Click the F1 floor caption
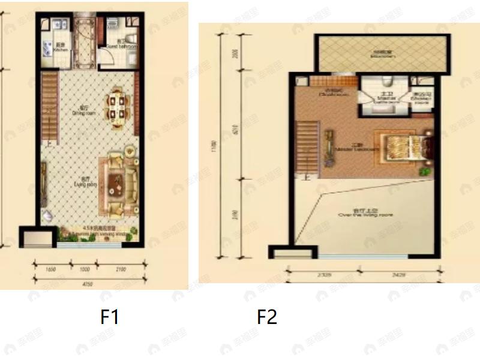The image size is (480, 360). [x=109, y=316]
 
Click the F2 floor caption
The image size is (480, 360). [x=267, y=316]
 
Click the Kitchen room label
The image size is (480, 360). [x=61, y=48]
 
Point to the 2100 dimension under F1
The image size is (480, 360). [x=121, y=269]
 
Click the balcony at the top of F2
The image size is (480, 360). [x=382, y=54]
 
